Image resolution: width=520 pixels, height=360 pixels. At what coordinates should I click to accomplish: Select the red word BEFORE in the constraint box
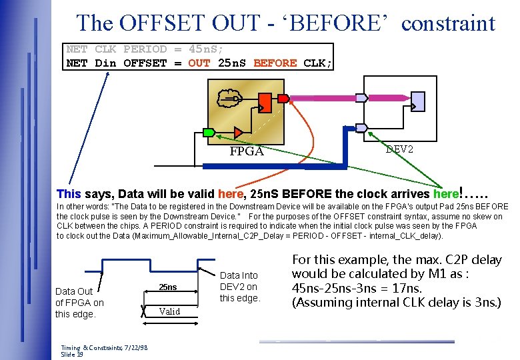coord(275,63)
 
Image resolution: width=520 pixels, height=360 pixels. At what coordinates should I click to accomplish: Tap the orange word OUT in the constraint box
coord(199,63)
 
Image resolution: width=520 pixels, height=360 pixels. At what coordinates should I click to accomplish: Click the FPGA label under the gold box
coord(247,151)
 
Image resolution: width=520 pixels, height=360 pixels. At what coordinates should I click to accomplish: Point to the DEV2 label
coord(399,149)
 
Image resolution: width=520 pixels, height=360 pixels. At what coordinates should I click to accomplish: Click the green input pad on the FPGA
coord(209,132)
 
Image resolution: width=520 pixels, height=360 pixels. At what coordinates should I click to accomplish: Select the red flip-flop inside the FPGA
coord(265,103)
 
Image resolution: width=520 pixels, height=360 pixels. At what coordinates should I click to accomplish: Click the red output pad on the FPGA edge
coord(283,99)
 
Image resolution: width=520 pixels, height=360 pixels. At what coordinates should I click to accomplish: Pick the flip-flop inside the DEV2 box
coord(418,101)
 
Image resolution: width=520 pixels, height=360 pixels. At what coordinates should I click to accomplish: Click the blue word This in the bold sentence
coord(69,194)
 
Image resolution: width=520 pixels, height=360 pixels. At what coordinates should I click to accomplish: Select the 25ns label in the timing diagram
coord(168,287)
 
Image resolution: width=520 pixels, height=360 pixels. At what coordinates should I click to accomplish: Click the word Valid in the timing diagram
coord(169,311)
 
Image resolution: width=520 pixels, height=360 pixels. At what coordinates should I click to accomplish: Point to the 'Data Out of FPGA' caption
coord(79,302)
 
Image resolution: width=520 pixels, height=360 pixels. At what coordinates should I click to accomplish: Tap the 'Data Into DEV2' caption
coord(239,287)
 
